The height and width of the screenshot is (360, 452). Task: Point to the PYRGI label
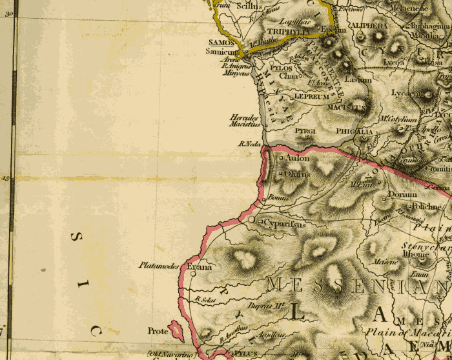[x=305, y=132]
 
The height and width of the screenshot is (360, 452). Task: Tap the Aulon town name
[x=298, y=158]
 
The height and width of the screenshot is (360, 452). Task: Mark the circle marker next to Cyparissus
[x=252, y=221]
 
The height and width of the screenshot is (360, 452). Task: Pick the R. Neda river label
[x=249, y=143]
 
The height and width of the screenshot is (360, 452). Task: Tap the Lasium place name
[x=358, y=80]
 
